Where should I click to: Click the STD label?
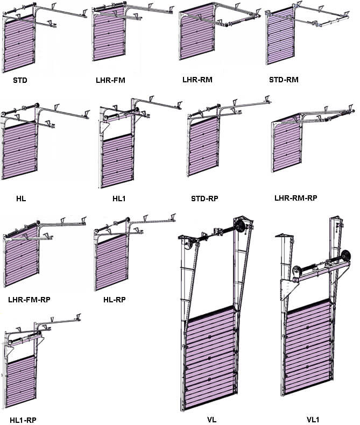coord(20,80)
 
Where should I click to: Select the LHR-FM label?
coord(110,80)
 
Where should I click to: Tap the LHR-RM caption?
coord(197,80)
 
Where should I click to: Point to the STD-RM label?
coord(284,80)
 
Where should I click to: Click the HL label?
coord(21,199)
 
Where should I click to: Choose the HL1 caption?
coord(119,199)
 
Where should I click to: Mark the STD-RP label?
coord(204,199)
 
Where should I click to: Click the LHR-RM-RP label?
coord(296,198)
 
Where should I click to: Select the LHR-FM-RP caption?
coord(29,300)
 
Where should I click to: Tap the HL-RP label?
coord(115,300)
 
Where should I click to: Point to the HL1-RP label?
coord(23,420)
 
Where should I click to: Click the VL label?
coord(211,420)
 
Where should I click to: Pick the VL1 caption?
coord(313,420)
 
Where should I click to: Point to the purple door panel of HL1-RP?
coord(21,381)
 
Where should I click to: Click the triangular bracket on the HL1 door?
coord(104,127)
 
